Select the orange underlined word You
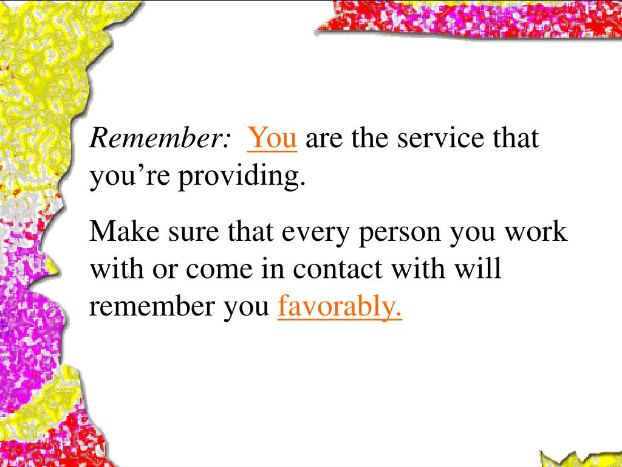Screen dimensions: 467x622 (x=272, y=139)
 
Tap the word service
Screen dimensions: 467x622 (x=439, y=139)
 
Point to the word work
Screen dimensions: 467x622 (x=537, y=232)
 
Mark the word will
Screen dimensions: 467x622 (x=480, y=268)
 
